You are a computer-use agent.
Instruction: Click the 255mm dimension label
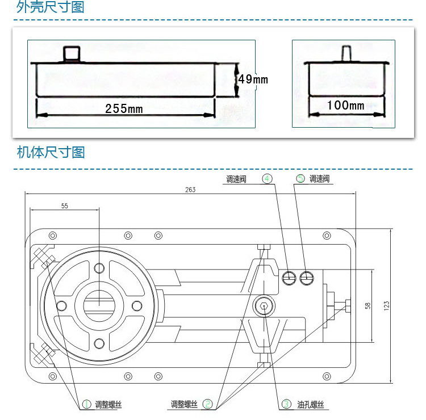[x=124, y=108]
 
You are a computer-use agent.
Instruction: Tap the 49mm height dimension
[x=253, y=79]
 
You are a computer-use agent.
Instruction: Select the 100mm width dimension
[x=345, y=106]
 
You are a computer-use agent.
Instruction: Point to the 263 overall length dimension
[x=190, y=190]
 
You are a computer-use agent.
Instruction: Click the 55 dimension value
[x=64, y=206]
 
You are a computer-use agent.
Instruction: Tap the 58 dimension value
[x=367, y=305]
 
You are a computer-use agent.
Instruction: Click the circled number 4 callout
[x=267, y=179]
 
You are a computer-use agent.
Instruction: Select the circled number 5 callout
[x=300, y=179]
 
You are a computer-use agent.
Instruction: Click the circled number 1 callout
[x=86, y=404]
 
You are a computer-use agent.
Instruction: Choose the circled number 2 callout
[x=208, y=404]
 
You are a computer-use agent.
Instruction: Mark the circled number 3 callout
[x=287, y=404]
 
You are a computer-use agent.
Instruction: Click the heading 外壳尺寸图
[x=51, y=8]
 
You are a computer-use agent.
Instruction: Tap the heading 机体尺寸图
[x=51, y=152]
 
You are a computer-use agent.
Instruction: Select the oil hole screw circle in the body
[x=265, y=306]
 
